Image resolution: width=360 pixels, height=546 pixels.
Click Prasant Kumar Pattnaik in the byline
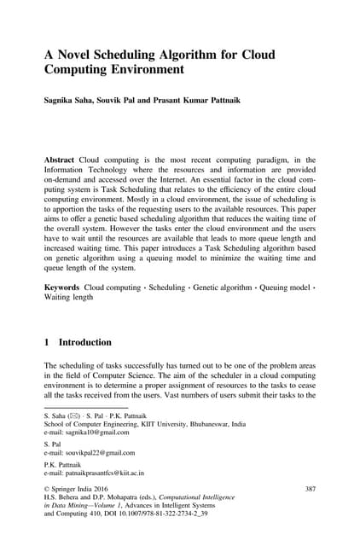195,100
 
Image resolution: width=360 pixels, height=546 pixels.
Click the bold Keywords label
62,288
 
